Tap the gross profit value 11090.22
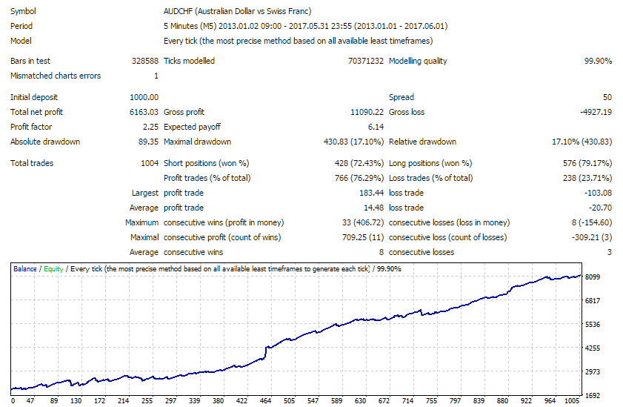[367, 112]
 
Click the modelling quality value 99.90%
[598, 61]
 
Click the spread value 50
[607, 97]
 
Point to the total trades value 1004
[149, 163]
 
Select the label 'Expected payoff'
[192, 127]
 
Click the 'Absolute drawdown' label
[45, 142]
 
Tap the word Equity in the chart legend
[53, 269]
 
